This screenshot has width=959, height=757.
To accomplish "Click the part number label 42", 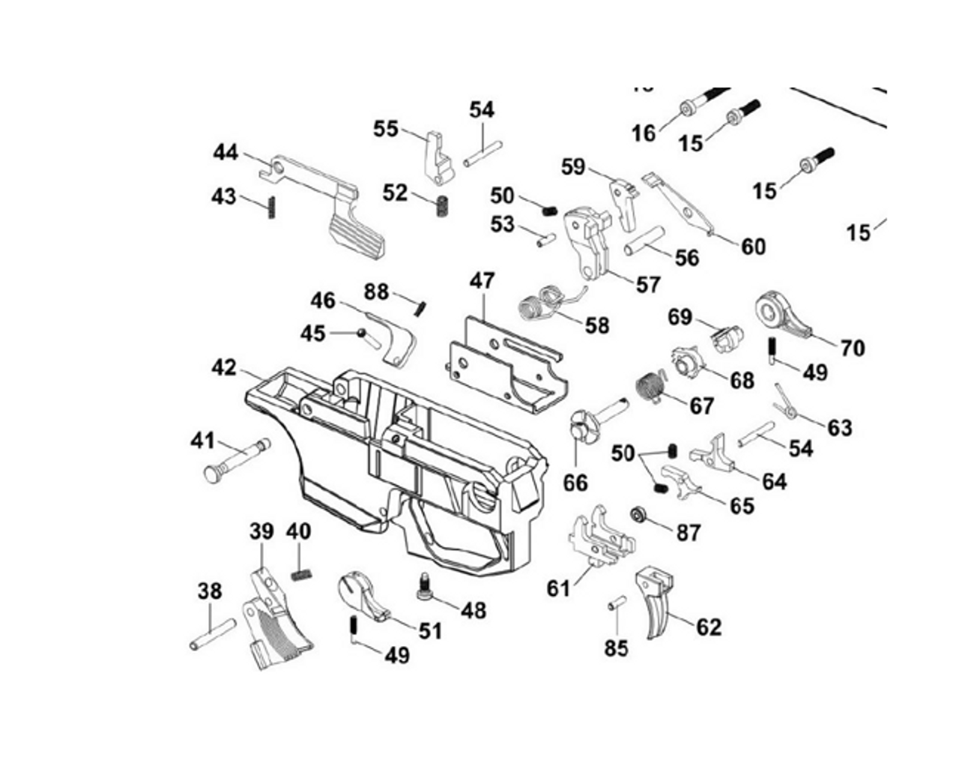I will (223, 368).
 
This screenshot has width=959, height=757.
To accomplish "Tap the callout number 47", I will (482, 281).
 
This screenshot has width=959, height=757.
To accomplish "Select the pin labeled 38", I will (213, 634).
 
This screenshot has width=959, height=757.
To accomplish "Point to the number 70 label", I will (852, 348).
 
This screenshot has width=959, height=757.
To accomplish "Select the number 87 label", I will (688, 532).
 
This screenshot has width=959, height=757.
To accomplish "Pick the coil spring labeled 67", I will (650, 388).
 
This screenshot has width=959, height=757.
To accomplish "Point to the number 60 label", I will (754, 246).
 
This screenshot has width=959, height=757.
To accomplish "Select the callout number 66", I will (575, 483).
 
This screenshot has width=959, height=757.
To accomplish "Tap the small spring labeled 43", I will (271, 207).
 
